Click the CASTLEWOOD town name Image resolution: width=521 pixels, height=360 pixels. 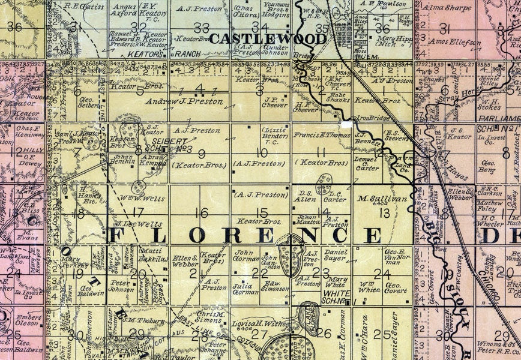[x=268, y=39]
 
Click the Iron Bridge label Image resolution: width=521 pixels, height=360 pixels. [x=370, y=119]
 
